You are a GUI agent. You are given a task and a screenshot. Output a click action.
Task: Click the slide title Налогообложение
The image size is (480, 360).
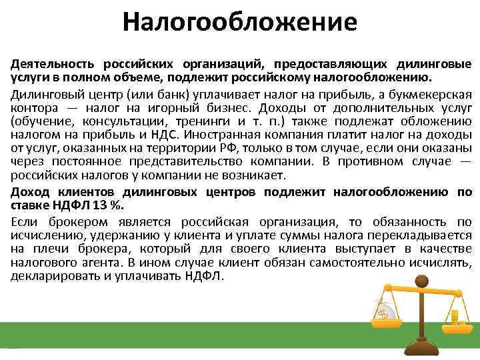coord(240,24)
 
